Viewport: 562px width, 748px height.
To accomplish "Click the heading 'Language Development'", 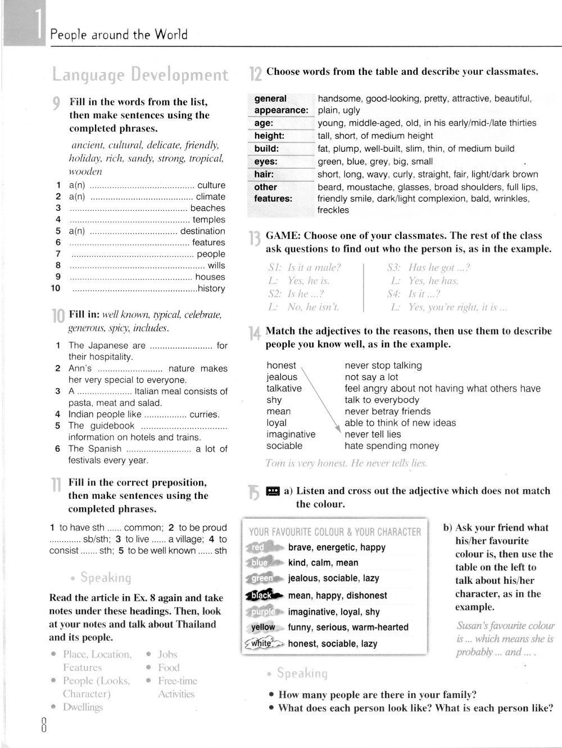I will click(140, 75).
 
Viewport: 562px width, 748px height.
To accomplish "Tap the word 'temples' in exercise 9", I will click(209, 219).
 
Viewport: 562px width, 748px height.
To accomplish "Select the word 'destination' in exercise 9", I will click(202, 231).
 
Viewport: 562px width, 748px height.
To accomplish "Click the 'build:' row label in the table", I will click(266, 148).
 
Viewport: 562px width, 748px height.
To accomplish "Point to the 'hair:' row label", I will click(264, 174).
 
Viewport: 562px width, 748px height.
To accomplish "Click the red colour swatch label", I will click(259, 547).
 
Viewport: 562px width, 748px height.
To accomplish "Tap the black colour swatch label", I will click(260, 595).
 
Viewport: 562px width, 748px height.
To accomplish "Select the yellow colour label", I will click(263, 627).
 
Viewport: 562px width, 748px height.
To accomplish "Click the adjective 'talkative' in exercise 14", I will click(284, 388).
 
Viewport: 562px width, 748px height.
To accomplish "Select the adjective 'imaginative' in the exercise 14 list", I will click(291, 434).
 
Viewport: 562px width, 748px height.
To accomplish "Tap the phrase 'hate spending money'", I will click(392, 445).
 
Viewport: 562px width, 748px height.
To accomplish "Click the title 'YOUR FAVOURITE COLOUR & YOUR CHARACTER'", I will click(334, 531).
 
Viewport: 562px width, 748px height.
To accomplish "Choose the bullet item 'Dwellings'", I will click(83, 707).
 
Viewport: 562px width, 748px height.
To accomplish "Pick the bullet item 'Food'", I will click(169, 668).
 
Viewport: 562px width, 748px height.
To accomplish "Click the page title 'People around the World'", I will click(119, 35).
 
